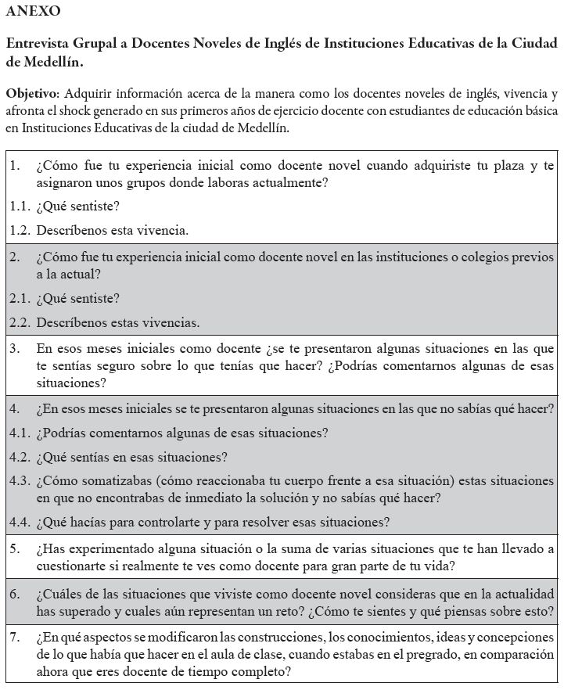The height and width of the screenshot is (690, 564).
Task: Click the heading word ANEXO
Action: point(33,11)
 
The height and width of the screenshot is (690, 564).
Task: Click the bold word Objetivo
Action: point(31,93)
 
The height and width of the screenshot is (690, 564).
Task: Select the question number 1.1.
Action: point(20,207)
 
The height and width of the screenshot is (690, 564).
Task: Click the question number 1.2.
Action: point(20,231)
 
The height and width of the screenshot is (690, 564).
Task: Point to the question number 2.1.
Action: point(20,298)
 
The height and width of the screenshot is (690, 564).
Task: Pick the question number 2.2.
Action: point(20,322)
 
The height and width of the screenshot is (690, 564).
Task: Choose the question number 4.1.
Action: point(20,433)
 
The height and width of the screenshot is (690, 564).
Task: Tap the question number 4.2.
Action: point(20,457)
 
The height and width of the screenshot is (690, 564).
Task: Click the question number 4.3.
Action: point(20,481)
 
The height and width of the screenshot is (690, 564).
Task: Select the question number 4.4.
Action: point(20,522)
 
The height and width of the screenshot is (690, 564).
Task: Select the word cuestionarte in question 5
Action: point(71,566)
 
